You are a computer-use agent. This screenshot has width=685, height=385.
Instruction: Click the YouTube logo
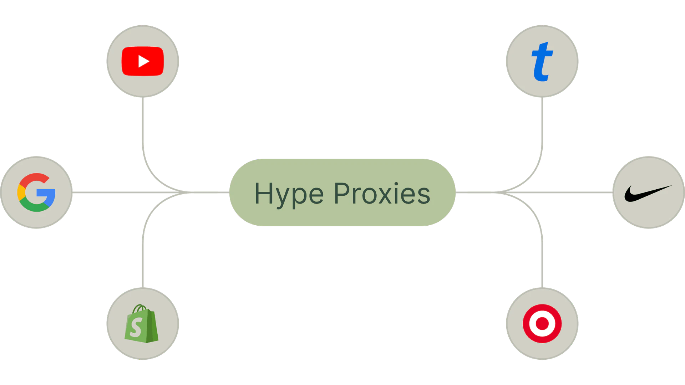(143, 61)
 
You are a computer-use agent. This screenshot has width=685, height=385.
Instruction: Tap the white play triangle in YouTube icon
(143, 61)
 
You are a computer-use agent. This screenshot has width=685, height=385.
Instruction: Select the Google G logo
(36, 192)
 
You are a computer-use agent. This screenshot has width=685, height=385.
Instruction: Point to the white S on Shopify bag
(136, 327)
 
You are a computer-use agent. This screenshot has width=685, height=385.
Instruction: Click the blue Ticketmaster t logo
(542, 61)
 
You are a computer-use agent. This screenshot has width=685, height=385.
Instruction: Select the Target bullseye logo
(542, 324)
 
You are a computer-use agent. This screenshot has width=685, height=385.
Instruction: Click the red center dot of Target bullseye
(542, 324)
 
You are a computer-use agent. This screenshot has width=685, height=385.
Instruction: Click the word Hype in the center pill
(289, 194)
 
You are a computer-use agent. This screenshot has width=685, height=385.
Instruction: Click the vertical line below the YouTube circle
(143, 121)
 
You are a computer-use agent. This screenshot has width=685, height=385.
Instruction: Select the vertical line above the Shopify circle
(143, 264)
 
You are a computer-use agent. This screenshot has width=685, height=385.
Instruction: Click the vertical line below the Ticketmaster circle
(544, 121)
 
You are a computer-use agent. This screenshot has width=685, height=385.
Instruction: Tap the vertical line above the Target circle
(544, 264)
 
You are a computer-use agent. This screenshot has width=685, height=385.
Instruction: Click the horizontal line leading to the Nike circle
(571, 192)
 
